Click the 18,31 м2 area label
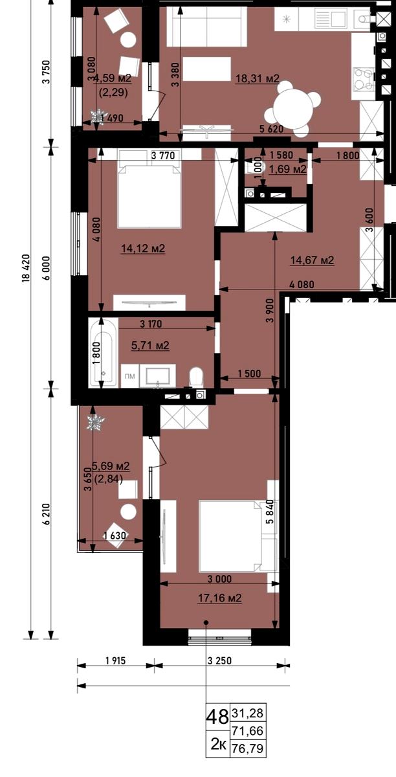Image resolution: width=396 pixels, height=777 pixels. point(258,79)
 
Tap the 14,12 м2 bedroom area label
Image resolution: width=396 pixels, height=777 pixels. point(143,249)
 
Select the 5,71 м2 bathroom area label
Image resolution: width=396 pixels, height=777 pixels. point(150,345)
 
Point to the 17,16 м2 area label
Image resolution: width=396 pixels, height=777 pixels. point(220,598)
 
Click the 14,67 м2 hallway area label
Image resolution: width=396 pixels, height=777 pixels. point(312,260)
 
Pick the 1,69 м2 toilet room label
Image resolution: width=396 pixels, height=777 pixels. point(288,169)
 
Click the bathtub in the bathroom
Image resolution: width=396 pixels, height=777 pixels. point(103,353)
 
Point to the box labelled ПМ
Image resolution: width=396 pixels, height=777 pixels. point(129,376)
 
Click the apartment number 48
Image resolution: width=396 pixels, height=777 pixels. point(217,717)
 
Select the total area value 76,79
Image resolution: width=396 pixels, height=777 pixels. point(248,749)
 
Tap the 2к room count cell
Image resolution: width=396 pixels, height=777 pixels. point(219,744)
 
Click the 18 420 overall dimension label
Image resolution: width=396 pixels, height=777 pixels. point(27,269)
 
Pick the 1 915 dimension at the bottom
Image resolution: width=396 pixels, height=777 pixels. point(115,661)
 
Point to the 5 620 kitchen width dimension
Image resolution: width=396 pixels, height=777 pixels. point(272,129)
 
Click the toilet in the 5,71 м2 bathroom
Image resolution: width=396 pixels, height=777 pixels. point(196,377)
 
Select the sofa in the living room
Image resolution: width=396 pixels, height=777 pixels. point(206,27)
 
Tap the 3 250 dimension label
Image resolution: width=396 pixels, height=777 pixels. point(219,661)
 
